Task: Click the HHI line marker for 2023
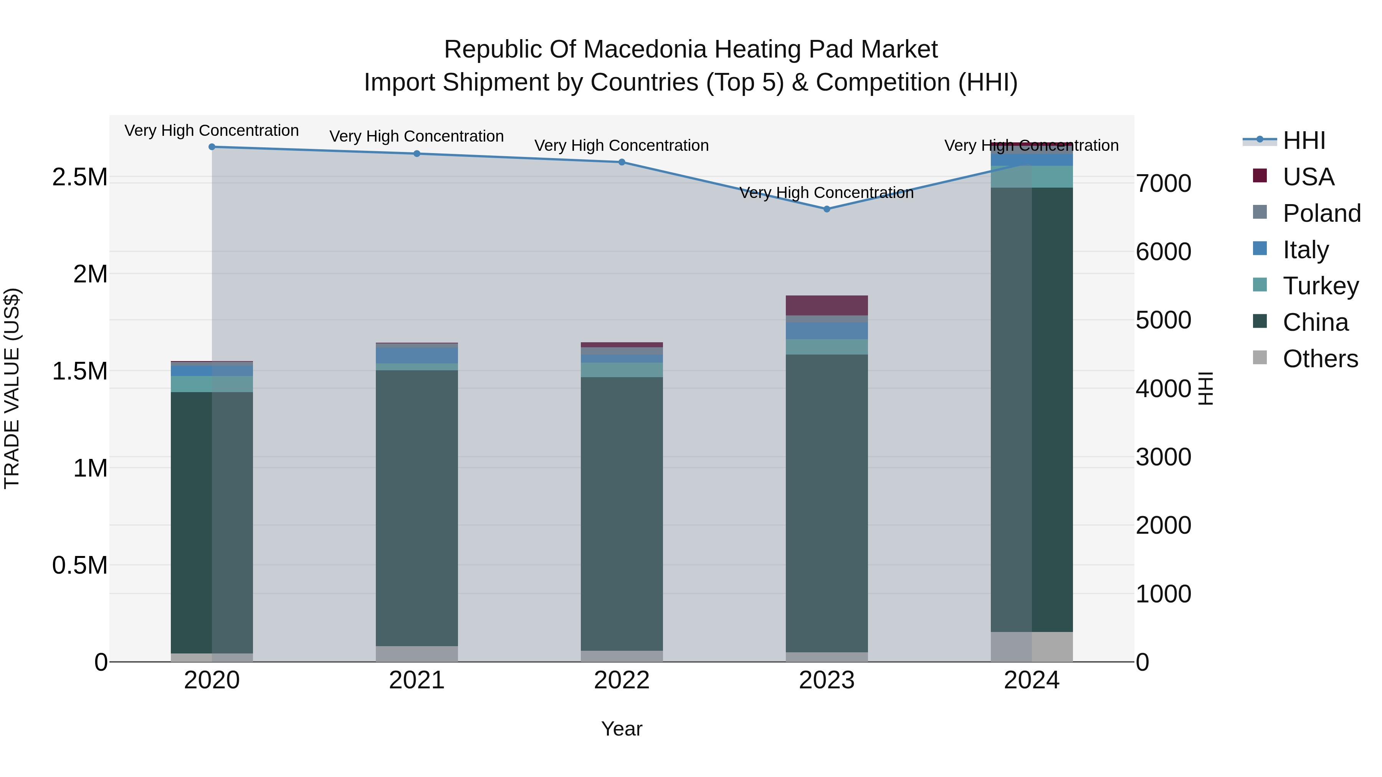pyautogui.click(x=827, y=209)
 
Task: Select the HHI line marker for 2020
pyautogui.click(x=212, y=147)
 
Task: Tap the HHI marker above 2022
pyautogui.click(x=622, y=162)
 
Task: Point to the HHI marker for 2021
pyautogui.click(x=417, y=154)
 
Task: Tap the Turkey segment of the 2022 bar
pyautogui.click(x=622, y=370)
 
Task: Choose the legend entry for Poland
pyautogui.click(x=1321, y=213)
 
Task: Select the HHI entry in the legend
pyautogui.click(x=1304, y=140)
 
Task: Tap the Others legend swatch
pyautogui.click(x=1260, y=358)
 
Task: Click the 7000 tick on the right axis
pyautogui.click(x=1163, y=183)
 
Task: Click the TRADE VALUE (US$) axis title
pyautogui.click(x=12, y=388)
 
